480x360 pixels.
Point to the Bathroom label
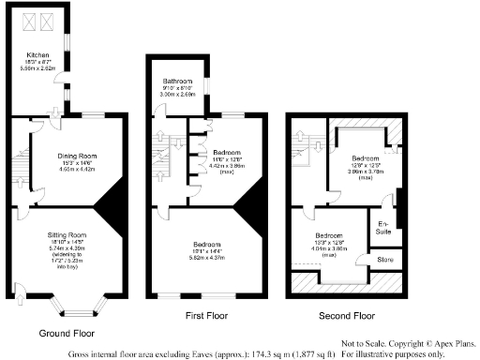(x=175, y=82)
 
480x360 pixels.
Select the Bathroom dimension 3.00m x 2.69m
(x=175, y=95)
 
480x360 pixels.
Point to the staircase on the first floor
(x=162, y=150)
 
